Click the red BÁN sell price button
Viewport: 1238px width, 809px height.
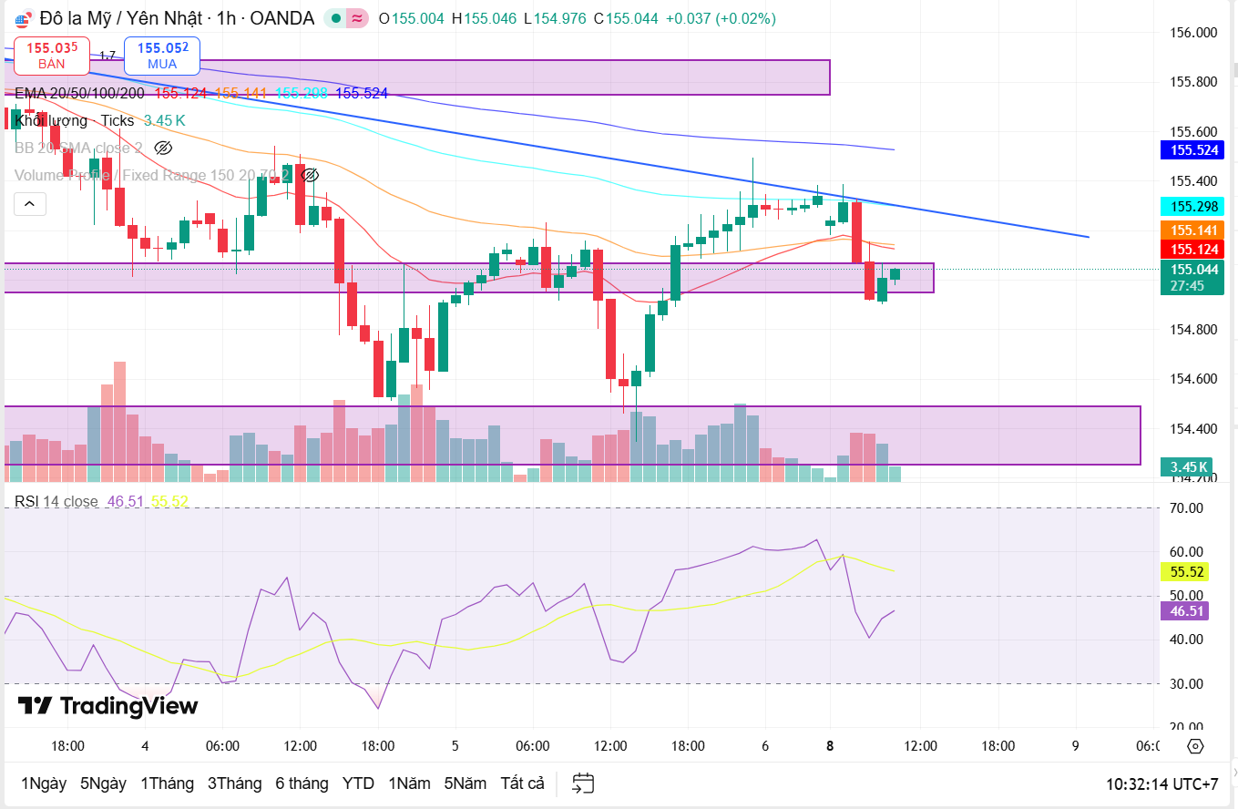point(51,55)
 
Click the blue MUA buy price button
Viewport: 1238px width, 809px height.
point(162,55)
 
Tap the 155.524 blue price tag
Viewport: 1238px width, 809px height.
point(1193,150)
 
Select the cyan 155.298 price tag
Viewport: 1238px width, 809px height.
point(1193,206)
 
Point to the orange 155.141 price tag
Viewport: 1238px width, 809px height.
point(1193,230)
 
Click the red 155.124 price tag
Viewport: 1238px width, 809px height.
point(1193,250)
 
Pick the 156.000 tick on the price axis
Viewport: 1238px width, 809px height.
point(1193,33)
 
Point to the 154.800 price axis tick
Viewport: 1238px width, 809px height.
point(1193,329)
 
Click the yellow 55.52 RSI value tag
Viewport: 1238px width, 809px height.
point(1188,572)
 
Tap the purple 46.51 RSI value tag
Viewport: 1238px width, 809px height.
point(1188,610)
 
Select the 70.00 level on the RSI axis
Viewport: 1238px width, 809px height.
point(1188,507)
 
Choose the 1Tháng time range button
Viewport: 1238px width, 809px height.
point(167,783)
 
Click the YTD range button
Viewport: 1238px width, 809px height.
point(358,783)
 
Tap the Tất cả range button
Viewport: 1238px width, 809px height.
point(522,783)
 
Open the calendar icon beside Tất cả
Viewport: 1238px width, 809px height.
point(583,783)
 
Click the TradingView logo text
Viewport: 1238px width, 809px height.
point(107,706)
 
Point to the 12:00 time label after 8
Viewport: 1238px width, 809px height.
point(920,746)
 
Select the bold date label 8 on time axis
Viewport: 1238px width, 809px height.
point(830,746)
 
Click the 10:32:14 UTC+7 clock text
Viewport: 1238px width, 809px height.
point(1161,783)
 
